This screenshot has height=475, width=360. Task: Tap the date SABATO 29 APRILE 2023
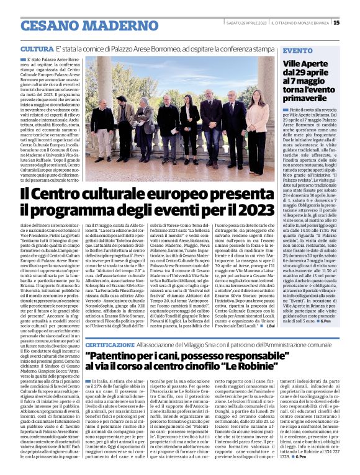tap(246, 23)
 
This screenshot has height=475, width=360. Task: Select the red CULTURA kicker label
tap(36, 48)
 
